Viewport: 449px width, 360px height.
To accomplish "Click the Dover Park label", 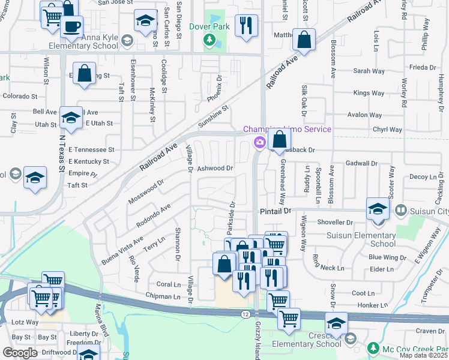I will (x=209, y=26).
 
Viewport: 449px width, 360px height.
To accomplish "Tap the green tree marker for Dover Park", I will (x=209, y=40).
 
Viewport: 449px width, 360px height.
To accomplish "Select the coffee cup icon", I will (x=71, y=26).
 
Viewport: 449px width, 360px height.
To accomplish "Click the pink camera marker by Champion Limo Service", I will (x=259, y=142).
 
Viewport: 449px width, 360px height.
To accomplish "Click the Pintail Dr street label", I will (x=275, y=211).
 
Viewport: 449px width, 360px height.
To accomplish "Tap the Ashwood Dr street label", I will (x=215, y=169).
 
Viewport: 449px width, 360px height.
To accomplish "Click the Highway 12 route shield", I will (x=245, y=314).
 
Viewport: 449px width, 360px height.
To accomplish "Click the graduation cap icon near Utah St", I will (x=71, y=118).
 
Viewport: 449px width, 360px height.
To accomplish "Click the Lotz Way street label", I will (x=25, y=322).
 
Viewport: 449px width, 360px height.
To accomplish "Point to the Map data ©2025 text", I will (x=422, y=355).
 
